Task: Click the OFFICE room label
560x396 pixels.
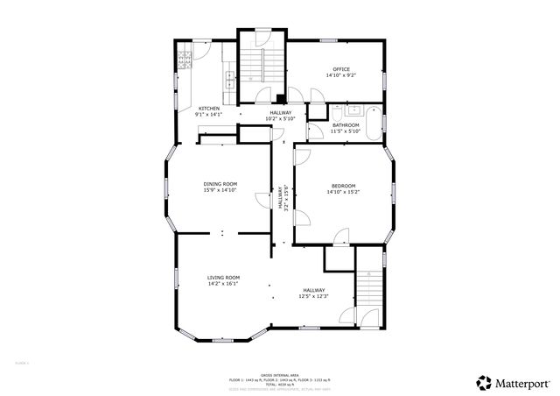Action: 340,69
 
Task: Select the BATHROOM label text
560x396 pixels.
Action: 345,125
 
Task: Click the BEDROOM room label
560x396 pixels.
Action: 343,185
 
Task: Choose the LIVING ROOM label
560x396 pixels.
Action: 223,277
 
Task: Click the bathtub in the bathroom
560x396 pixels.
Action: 375,123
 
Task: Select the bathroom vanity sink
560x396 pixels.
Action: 354,111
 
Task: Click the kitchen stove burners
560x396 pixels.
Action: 185,61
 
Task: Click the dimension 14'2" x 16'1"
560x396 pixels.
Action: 223,284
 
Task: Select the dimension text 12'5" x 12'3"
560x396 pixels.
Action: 314,297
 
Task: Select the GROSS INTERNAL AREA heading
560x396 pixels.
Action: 280,373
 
